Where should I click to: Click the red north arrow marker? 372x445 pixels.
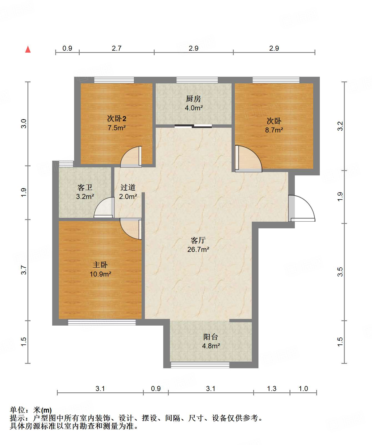pyautogui.click(x=28, y=49)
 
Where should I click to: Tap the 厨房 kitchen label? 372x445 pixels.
pyautogui.click(x=193, y=99)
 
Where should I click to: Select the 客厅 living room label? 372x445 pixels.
pyautogui.click(x=198, y=240)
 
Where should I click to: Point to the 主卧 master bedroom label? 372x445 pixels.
pyautogui.click(x=100, y=265)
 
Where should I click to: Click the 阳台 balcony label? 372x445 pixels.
pyautogui.click(x=211, y=337)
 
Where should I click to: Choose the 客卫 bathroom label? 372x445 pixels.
pyautogui.click(x=85, y=188)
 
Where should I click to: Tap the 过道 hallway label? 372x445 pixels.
pyautogui.click(x=128, y=187)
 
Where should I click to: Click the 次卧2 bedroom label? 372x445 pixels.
pyautogui.click(x=117, y=119)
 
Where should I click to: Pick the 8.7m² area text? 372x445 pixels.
pyautogui.click(x=274, y=130)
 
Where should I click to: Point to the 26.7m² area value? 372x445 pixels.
pyautogui.click(x=198, y=249)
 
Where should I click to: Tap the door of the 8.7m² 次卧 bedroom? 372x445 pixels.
pyautogui.click(x=248, y=158)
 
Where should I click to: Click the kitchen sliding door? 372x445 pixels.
pyautogui.click(x=193, y=126)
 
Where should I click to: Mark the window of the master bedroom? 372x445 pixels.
pyautogui.click(x=102, y=322)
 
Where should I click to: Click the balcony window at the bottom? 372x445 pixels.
pyautogui.click(x=200, y=365)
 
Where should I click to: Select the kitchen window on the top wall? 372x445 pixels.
pyautogui.click(x=197, y=80)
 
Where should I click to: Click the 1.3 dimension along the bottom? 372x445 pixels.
pyautogui.click(x=272, y=388)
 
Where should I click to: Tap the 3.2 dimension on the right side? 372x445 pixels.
pyautogui.click(x=340, y=126)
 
